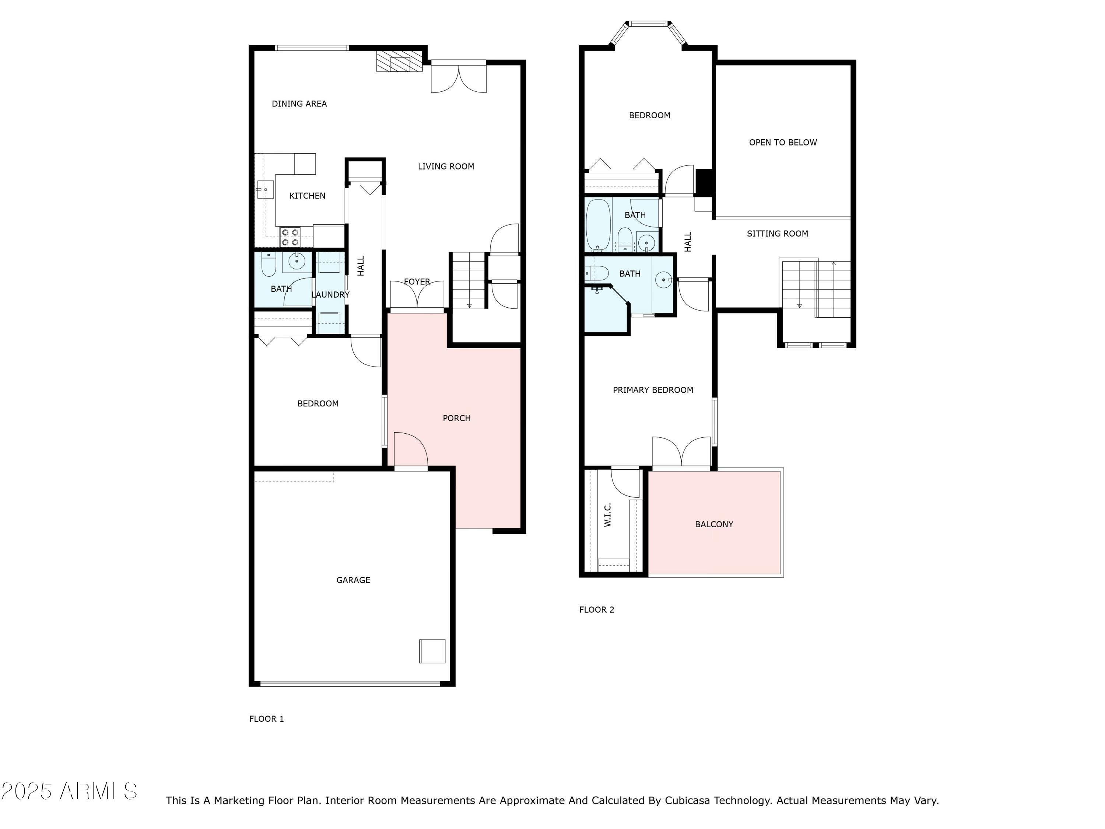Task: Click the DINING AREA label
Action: [x=299, y=104]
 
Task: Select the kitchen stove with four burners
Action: [x=290, y=237]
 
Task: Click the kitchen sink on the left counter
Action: [x=265, y=190]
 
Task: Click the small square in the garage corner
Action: [x=432, y=651]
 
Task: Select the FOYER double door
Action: [x=417, y=296]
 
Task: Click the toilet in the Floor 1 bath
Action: [x=269, y=265]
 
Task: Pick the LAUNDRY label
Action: [x=330, y=295]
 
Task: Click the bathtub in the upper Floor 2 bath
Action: [x=598, y=225]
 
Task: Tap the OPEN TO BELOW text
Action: [x=783, y=143]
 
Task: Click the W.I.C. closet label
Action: [x=607, y=515]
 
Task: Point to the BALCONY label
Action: [x=714, y=525]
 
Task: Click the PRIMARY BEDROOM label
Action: [x=653, y=390]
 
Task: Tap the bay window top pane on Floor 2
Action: [x=648, y=24]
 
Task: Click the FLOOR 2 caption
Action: [x=596, y=610]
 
